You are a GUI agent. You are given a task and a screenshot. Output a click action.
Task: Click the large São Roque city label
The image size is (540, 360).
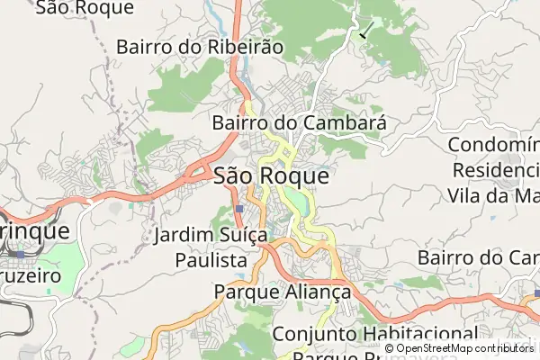tap(271, 176)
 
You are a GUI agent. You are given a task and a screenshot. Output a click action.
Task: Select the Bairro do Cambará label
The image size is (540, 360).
tap(299, 122)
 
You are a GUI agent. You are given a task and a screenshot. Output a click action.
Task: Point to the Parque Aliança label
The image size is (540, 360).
tap(282, 292)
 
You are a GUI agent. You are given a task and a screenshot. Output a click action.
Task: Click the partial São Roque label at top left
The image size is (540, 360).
tap(86, 8)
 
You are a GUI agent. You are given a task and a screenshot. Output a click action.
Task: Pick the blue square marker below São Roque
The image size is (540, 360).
tap(238, 208)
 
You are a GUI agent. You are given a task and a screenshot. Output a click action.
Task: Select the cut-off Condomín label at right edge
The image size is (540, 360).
tap(492, 145)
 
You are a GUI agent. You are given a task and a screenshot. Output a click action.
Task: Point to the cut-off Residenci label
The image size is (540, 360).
tap(495, 169)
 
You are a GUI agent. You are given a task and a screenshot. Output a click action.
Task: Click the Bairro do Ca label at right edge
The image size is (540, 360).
tap(478, 258)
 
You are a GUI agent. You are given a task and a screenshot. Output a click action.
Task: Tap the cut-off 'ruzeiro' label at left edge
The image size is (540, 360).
tap(31, 276)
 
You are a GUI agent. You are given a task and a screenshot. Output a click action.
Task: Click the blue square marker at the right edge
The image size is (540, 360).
tap(535, 293)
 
